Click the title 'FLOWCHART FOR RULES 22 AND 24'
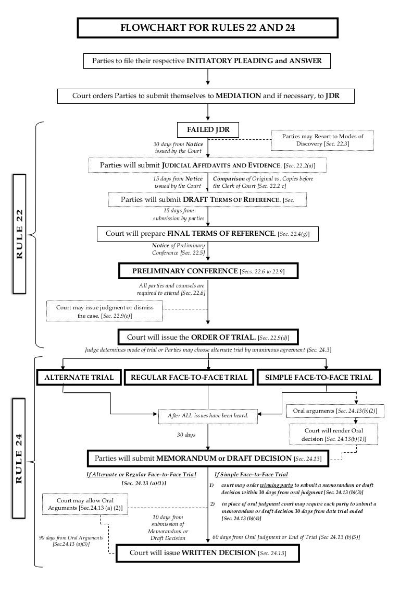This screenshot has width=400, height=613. (208, 28)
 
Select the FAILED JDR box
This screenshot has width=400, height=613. (208, 129)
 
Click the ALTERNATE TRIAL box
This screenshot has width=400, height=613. (79, 377)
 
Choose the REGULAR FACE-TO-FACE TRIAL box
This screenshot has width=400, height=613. (189, 377)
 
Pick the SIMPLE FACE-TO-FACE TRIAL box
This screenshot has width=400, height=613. (319, 377)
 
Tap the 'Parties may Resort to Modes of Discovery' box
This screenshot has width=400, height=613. (322, 140)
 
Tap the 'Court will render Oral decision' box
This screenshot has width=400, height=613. (333, 435)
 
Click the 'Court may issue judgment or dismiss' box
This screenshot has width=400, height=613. (105, 311)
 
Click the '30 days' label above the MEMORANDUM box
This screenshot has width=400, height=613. (186, 435)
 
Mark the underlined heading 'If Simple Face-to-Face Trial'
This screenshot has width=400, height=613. (251, 475)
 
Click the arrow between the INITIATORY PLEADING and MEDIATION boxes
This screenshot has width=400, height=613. (208, 76)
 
